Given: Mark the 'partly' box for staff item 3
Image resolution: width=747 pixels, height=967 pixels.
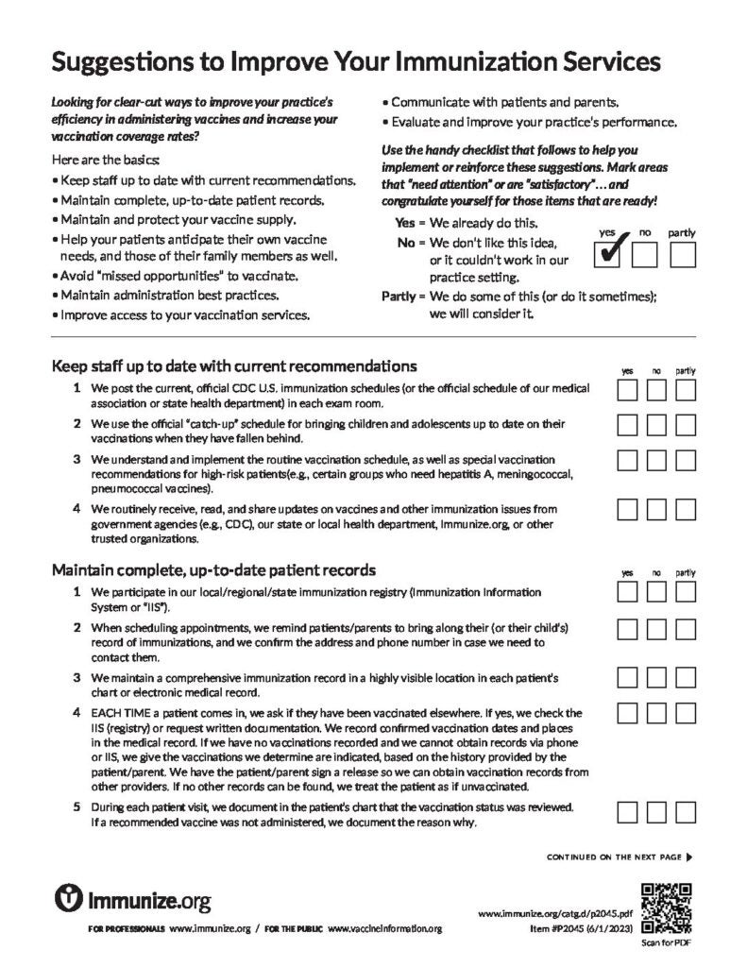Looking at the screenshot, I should click(686, 460).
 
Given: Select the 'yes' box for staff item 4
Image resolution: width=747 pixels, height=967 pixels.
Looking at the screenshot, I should click(628, 509).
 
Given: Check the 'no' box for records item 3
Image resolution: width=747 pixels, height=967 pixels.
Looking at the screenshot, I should click(656, 677).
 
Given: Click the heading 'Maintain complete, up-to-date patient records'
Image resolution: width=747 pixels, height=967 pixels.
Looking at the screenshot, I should click(213, 569).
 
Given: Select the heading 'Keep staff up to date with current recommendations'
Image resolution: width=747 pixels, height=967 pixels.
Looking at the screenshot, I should click(234, 365).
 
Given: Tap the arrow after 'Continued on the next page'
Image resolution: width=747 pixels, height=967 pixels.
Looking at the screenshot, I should click(689, 857).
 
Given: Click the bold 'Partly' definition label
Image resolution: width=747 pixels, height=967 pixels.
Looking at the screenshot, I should click(398, 297).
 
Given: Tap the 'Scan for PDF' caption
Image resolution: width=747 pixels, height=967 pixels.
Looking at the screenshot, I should click(667, 943).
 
